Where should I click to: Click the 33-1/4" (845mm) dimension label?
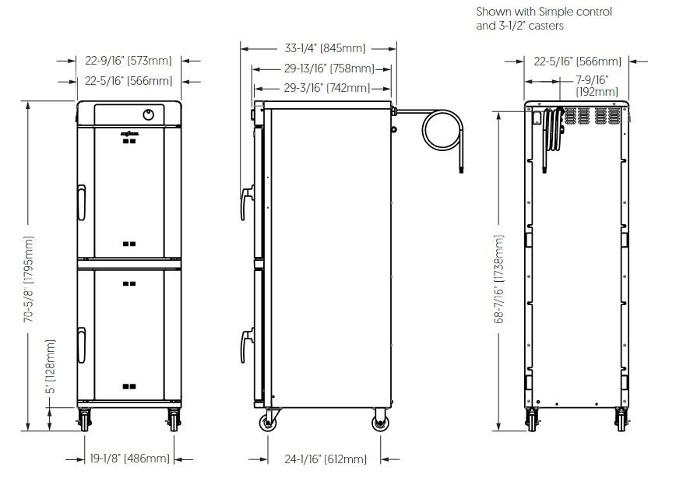point(325,47)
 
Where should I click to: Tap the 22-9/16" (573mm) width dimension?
point(128,61)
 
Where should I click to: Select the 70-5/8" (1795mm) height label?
point(29,279)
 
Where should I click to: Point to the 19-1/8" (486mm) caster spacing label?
point(129,459)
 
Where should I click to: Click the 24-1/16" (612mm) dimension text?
point(326,459)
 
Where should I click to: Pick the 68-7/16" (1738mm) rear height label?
point(498,279)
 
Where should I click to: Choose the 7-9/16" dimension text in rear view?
point(593,79)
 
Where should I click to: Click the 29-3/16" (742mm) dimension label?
point(327,88)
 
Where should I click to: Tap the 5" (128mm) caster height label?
point(51,367)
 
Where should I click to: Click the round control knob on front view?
point(148,114)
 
